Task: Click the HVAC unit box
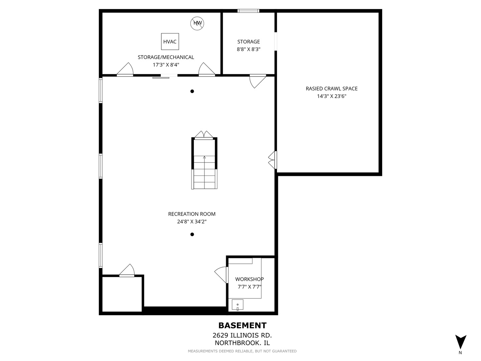pyautogui.click(x=170, y=41)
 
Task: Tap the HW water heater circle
pyautogui.click(x=197, y=23)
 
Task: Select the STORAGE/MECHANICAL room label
pyautogui.click(x=166, y=57)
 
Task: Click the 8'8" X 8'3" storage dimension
pyautogui.click(x=249, y=49)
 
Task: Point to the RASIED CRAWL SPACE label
pyautogui.click(x=331, y=89)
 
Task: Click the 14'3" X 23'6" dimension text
pyautogui.click(x=331, y=96)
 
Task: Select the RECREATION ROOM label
pyautogui.click(x=192, y=214)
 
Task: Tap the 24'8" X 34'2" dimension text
pyautogui.click(x=192, y=221)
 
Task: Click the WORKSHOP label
pyautogui.click(x=249, y=279)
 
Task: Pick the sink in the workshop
pyautogui.click(x=237, y=305)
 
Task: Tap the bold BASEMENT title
pyautogui.click(x=242, y=326)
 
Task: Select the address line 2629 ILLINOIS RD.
pyautogui.click(x=242, y=335)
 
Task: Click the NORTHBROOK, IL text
pyautogui.click(x=242, y=343)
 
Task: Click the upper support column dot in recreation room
pyautogui.click(x=192, y=91)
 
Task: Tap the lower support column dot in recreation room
pyautogui.click(x=192, y=234)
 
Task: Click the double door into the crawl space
pyautogui.click(x=273, y=160)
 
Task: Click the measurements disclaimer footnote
pyautogui.click(x=242, y=351)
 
